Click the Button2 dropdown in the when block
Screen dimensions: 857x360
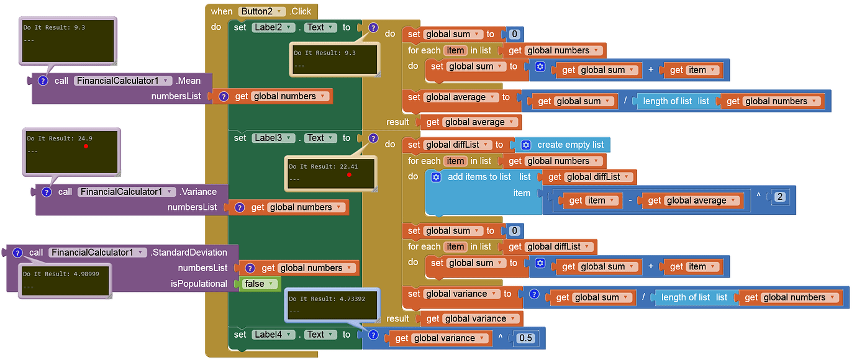pyautogui.click(x=262, y=11)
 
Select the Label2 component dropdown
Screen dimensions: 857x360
pyautogui.click(x=273, y=27)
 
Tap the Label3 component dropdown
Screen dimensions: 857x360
pyautogui.click(x=273, y=138)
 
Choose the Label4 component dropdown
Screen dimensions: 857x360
pyautogui.click(x=273, y=335)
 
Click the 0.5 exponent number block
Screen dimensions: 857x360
pyautogui.click(x=525, y=338)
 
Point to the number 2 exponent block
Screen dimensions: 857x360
pyautogui.click(x=780, y=197)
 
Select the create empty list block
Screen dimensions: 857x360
pyautogui.click(x=563, y=145)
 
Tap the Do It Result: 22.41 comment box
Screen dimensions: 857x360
pyautogui.click(x=330, y=173)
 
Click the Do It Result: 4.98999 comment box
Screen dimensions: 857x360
pyautogui.click(x=65, y=281)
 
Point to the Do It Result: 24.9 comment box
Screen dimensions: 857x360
pyautogui.click(x=71, y=152)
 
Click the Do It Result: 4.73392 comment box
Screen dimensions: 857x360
pyautogui.click(x=332, y=305)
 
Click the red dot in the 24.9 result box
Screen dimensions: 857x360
pyautogui.click(x=86, y=146)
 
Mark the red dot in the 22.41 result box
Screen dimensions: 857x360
pyautogui.click(x=349, y=175)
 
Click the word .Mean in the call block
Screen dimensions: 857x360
pyautogui.click(x=188, y=81)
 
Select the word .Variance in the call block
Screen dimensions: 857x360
pyautogui.click(x=198, y=192)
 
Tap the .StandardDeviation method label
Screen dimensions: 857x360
pyautogui.click(x=189, y=253)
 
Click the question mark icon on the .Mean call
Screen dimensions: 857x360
pyautogui.click(x=43, y=81)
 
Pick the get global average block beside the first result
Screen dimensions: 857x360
pyautogui.click(x=471, y=122)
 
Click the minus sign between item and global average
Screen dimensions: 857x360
pyautogui.click(x=630, y=200)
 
